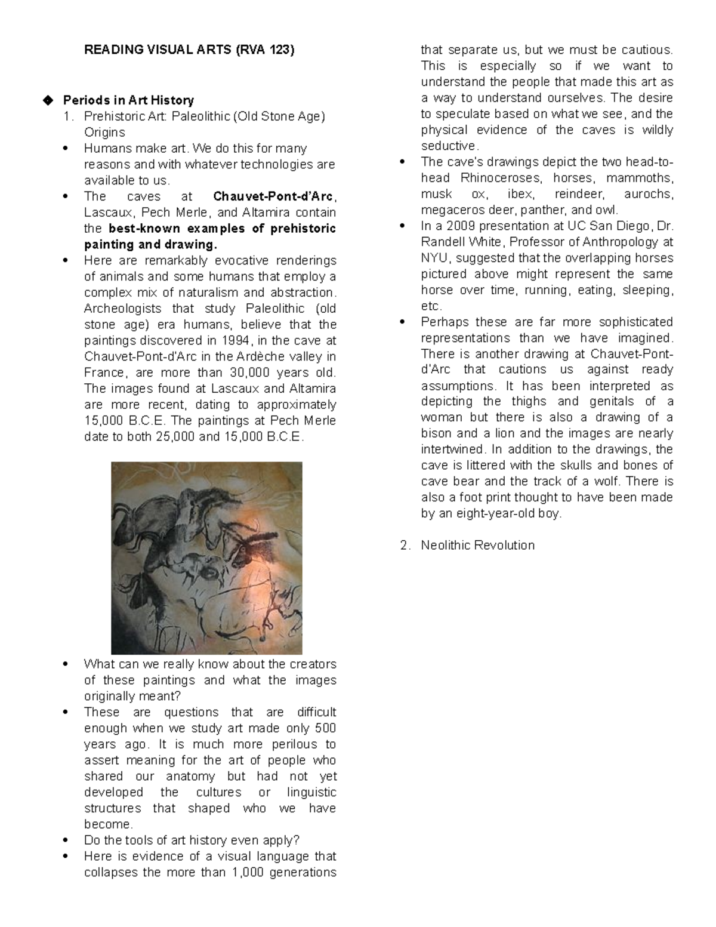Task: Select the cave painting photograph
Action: coord(206,558)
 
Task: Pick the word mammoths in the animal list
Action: coord(646,178)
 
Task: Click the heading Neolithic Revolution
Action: coord(477,545)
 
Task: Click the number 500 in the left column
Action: coord(325,728)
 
